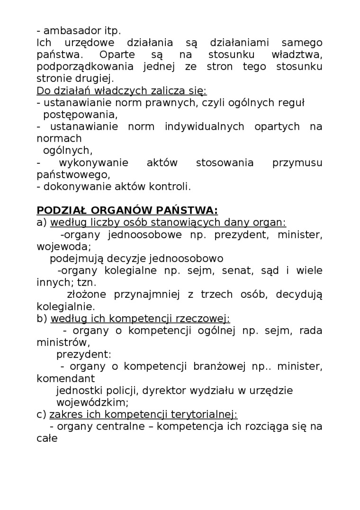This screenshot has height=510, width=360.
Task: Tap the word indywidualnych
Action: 205,126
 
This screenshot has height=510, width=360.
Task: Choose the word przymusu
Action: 297,162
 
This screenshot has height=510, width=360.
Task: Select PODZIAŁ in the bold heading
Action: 62,210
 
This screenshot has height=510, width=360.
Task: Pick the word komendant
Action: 65,378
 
